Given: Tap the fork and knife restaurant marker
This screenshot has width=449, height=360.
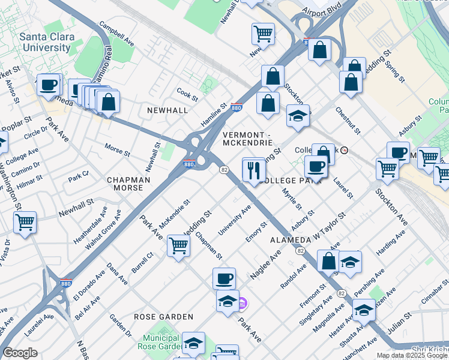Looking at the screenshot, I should click(254, 170).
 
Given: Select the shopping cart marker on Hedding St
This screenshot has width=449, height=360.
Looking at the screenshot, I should click(178, 245).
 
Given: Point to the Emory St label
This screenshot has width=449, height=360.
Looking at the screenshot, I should click(256, 232).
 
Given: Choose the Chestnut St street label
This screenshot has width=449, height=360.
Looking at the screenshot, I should click(347, 121).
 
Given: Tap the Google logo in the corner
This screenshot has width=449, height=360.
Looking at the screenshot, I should click(20, 353).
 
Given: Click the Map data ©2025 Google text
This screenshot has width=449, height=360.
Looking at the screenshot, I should click(412, 355).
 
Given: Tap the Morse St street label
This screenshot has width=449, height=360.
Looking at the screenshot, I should click(117, 149).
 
